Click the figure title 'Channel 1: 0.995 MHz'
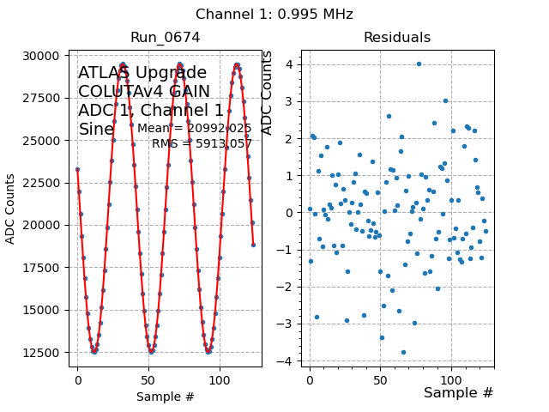[274, 15]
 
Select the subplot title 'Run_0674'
[165, 38]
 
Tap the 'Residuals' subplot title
[397, 38]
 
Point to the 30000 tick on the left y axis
[43, 56]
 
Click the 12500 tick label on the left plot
[43, 352]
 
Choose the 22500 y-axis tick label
[43, 182]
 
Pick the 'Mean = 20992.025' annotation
[195, 129]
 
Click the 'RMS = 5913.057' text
[202, 143]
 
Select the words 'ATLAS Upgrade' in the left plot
[142, 73]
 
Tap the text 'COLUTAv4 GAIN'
[144, 92]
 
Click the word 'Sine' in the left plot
[96, 130]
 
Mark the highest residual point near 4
[419, 64]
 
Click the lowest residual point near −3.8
[403, 352]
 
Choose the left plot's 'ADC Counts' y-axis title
[11, 209]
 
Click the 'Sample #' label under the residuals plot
[459, 392]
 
